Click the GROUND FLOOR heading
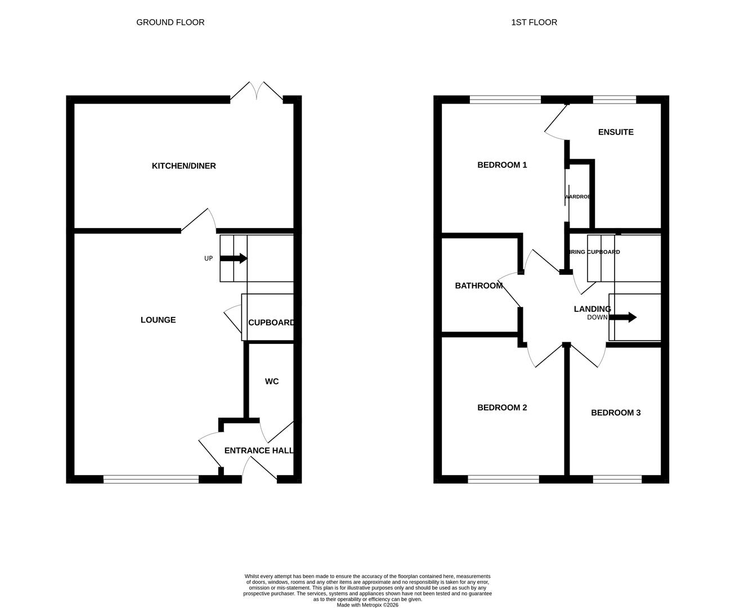[170, 23]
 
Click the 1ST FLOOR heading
[534, 23]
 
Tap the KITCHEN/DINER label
[183, 166]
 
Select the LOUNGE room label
[158, 320]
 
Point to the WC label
[272, 382]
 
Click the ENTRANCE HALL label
[259, 450]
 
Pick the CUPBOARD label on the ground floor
[271, 323]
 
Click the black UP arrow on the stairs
[234, 258]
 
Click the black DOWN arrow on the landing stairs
[622, 318]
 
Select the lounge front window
[151, 480]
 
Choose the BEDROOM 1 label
[502, 165]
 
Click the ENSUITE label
[616, 132]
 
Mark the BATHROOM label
[478, 286]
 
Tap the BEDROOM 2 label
[502, 408]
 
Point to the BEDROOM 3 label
[616, 413]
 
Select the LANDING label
[592, 309]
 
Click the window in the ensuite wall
[615, 100]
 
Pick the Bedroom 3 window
[617, 480]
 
